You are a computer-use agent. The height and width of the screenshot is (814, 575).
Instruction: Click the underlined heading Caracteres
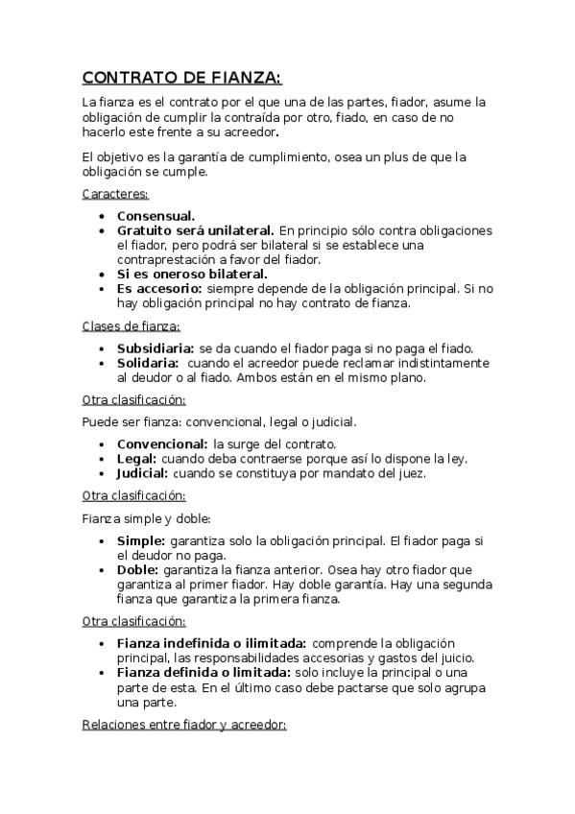coord(108,194)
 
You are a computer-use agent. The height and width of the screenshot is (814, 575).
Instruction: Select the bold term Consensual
coord(156,216)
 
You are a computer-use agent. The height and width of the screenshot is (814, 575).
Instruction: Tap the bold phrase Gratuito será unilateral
coord(195,230)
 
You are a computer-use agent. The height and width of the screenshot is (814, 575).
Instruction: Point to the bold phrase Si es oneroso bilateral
coord(192,274)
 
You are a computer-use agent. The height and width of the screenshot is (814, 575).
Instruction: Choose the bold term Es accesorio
coord(159,288)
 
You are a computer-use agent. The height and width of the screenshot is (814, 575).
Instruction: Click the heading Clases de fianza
coord(131,326)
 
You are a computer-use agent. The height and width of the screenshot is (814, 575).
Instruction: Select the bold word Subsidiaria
coord(156,348)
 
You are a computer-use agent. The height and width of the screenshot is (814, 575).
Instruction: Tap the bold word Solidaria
coord(148,363)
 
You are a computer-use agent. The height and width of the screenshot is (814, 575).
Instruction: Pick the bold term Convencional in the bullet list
coord(162,444)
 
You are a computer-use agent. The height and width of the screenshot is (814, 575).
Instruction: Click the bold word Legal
coord(136,459)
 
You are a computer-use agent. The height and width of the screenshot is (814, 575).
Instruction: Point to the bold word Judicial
coord(142,473)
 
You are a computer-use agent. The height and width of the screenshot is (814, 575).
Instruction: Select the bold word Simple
coord(141,540)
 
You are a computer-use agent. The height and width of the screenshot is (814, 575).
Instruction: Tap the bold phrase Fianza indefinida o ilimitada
coord(211,642)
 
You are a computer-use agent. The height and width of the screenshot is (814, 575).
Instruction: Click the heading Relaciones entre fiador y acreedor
coord(184,726)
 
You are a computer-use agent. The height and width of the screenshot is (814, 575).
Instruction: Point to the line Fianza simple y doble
coord(146,518)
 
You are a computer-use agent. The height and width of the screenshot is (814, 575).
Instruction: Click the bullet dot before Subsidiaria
coord(103,349)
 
